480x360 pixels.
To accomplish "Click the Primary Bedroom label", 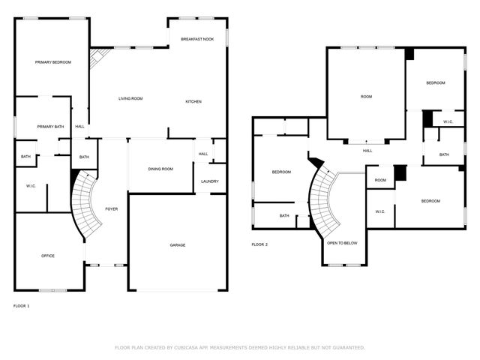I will pyautogui.click(x=52, y=62).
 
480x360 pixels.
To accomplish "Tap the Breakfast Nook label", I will pyautogui.click(x=196, y=39).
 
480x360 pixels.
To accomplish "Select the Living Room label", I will pyautogui.click(x=130, y=98).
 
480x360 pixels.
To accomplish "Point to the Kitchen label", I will pyautogui.click(x=193, y=101).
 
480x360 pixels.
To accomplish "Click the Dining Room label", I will pyautogui.click(x=161, y=169).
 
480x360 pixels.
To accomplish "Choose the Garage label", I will pyautogui.click(x=177, y=244).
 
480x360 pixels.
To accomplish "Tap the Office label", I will pyautogui.click(x=47, y=256).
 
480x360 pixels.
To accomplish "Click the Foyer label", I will pyautogui.click(x=111, y=209).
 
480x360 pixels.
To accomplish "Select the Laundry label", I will pyautogui.click(x=209, y=181).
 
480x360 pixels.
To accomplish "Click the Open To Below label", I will pyautogui.click(x=341, y=243).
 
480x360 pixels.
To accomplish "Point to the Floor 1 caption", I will pyautogui.click(x=22, y=305).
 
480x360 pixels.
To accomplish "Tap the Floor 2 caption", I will pyautogui.click(x=259, y=244).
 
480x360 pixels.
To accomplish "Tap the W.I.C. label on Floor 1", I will pyautogui.click(x=31, y=186).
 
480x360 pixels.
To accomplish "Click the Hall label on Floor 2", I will pyautogui.click(x=367, y=151).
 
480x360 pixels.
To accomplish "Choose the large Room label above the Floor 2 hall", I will pyautogui.click(x=366, y=97).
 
